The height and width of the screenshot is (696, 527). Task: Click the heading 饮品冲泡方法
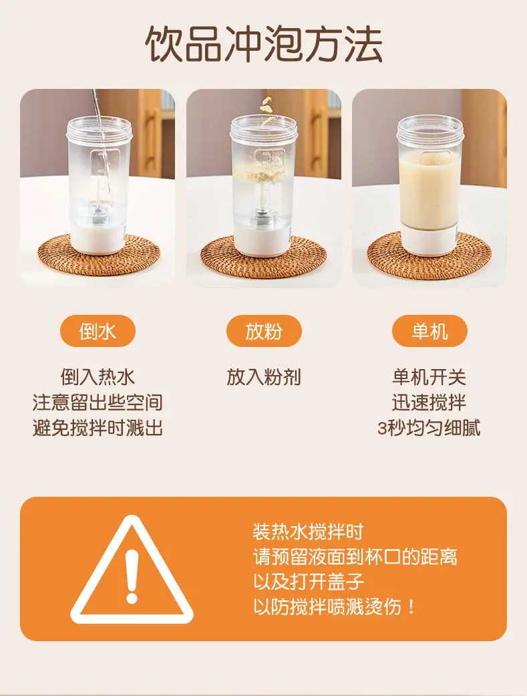263,43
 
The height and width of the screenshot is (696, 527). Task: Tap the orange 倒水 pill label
98,331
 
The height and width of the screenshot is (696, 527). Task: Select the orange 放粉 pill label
264,331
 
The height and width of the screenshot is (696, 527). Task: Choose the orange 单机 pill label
429,331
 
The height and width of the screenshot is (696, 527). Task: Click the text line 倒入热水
98,377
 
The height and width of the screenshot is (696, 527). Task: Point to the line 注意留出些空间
98,402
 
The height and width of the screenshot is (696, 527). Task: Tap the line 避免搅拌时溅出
98,428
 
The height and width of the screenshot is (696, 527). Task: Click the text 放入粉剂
264,377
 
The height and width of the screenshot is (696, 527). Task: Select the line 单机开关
429,377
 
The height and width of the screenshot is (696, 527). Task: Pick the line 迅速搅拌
429,402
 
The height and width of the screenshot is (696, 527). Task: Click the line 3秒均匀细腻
429,428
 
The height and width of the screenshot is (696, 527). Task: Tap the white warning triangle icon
132,570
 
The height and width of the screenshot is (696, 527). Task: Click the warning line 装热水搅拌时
308,532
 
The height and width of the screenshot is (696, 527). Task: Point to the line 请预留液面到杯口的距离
355,557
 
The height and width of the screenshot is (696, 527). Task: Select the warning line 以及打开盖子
308,582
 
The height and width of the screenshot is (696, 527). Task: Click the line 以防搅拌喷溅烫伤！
335,606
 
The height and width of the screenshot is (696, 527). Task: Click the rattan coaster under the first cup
98,256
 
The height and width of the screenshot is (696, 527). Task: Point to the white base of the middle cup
262,240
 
